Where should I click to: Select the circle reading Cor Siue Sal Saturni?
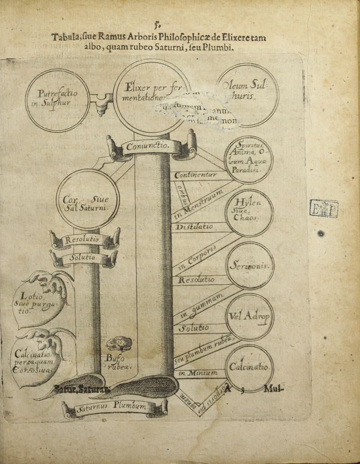[87, 199]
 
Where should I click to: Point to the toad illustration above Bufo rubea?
[119, 344]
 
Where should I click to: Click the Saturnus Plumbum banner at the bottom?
[115, 408]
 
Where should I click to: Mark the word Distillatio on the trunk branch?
[195, 227]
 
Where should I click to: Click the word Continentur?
[196, 174]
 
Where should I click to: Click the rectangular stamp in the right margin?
[324, 208]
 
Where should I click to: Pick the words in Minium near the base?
[198, 373]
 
